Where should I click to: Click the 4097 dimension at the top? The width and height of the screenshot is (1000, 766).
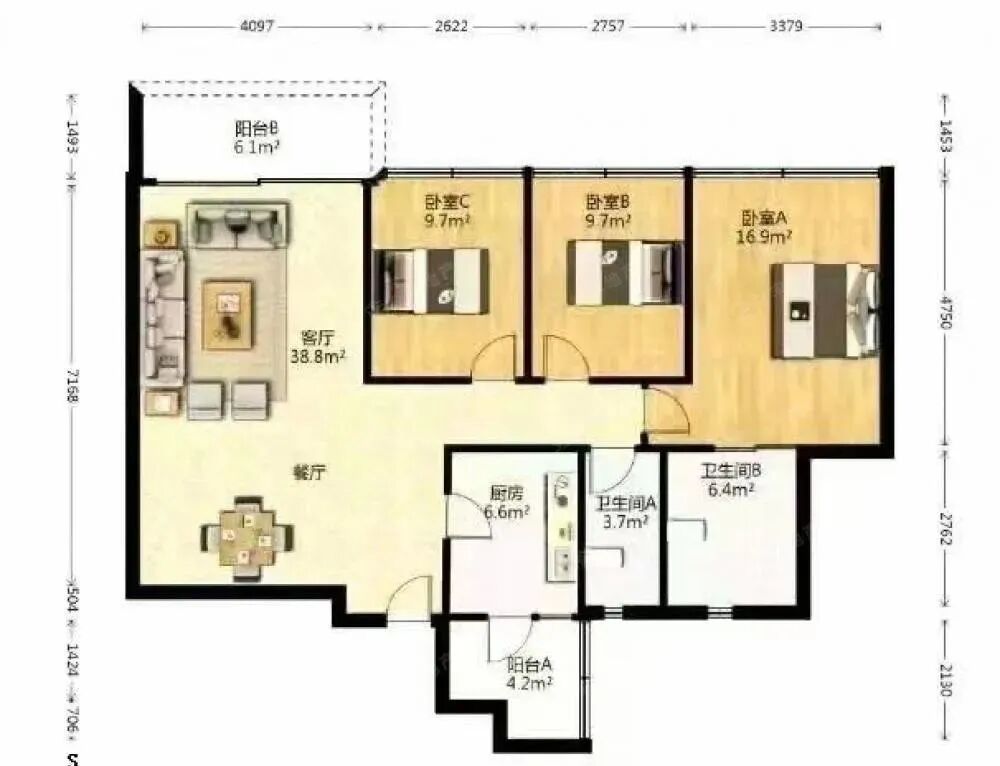point(257,26)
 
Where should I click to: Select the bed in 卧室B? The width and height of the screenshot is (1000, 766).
point(625,272)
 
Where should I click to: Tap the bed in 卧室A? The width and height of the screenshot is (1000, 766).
point(824,310)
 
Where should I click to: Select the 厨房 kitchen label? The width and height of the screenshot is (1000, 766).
point(506,493)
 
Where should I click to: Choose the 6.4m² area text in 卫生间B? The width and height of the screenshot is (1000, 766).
point(730,490)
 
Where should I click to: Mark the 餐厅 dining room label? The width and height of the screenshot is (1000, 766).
point(309,474)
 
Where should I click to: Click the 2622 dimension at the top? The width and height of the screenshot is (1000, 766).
point(451,26)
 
